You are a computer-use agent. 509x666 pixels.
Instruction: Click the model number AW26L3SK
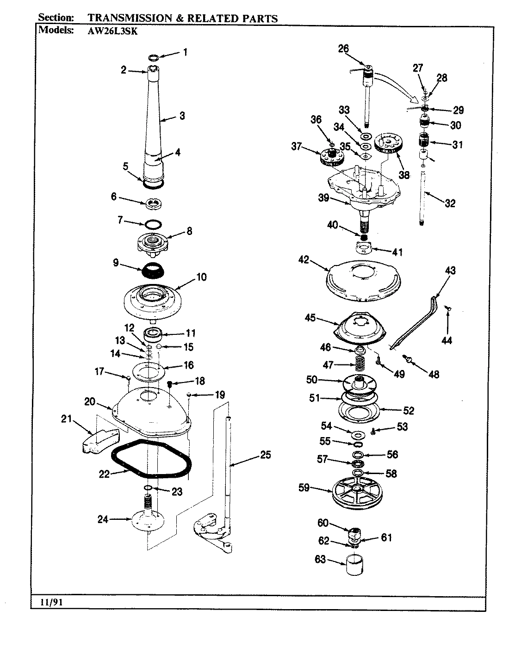(x=111, y=31)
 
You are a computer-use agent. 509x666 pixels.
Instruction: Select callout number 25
(x=265, y=455)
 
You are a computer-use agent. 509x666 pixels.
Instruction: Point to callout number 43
(x=450, y=271)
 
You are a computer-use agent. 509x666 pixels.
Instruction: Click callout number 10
(x=201, y=277)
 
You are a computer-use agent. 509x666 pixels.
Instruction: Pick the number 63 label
(x=320, y=560)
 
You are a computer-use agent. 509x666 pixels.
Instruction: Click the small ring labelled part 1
(x=154, y=58)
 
